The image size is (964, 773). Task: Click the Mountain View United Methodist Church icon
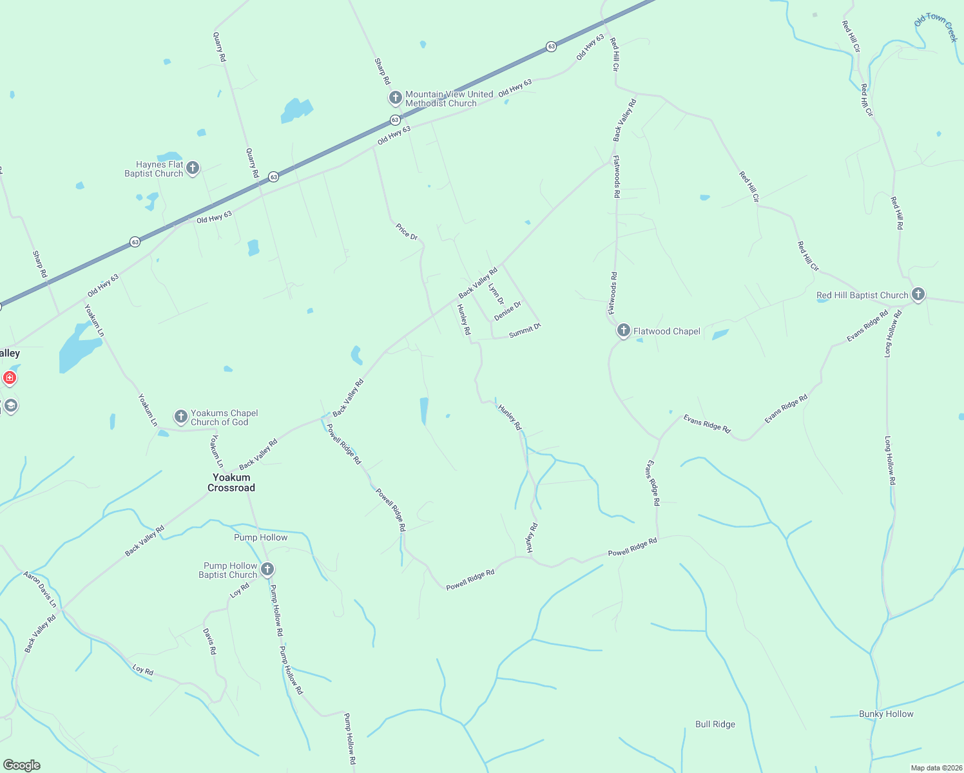(x=396, y=98)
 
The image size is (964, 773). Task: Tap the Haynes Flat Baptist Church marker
(x=192, y=169)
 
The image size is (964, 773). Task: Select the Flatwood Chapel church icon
(x=623, y=331)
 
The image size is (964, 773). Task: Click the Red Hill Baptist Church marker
(x=918, y=295)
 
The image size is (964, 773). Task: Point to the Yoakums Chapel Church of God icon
(x=181, y=417)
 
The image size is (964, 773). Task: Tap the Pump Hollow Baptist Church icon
(x=267, y=569)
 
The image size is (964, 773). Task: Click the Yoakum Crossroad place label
(x=231, y=482)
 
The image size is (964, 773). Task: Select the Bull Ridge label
(x=715, y=724)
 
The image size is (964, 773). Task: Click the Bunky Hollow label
(x=886, y=714)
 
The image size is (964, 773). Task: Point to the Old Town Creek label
(x=936, y=27)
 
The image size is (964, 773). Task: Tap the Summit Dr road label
(x=525, y=330)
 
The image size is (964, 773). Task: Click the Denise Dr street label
(x=508, y=310)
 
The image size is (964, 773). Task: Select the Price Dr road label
(x=407, y=232)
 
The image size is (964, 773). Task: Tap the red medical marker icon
(x=10, y=377)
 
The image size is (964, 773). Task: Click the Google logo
(x=22, y=765)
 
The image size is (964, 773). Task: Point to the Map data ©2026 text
(x=935, y=768)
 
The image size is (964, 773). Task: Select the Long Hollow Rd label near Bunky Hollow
(x=890, y=460)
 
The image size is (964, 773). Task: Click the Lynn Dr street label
(x=496, y=294)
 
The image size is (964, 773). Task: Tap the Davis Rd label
(x=209, y=642)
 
